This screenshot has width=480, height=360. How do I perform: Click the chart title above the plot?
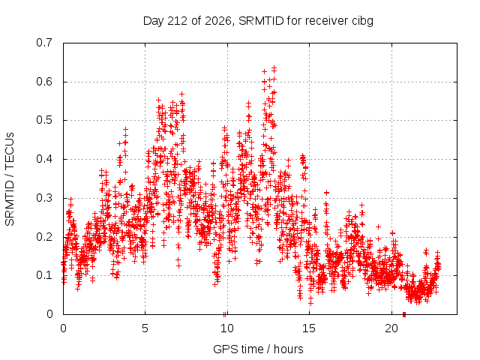coord(258,21)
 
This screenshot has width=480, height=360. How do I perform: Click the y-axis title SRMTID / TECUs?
coord(10,179)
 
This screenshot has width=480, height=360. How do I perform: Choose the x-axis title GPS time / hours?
coord(258,349)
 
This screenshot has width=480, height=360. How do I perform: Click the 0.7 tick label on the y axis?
coord(44,43)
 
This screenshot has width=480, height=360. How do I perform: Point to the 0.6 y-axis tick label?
coord(44,82)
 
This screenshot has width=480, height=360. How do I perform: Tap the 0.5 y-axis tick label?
coord(44,120)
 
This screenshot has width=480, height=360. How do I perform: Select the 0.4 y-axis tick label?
coord(44,159)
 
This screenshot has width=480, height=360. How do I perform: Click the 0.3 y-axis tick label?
coord(44,198)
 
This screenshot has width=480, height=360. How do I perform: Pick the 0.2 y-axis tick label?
coord(44,237)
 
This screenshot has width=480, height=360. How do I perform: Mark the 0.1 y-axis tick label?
coord(44,275)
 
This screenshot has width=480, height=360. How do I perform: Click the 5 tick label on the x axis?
coord(145,328)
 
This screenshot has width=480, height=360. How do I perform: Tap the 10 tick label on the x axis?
coord(227,328)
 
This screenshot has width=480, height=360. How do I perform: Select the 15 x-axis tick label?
coord(309,328)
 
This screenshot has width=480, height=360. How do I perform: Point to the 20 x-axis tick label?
coord(391,328)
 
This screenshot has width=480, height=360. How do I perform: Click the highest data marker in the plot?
coord(274,67)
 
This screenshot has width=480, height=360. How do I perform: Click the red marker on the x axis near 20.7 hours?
coord(404,314)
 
